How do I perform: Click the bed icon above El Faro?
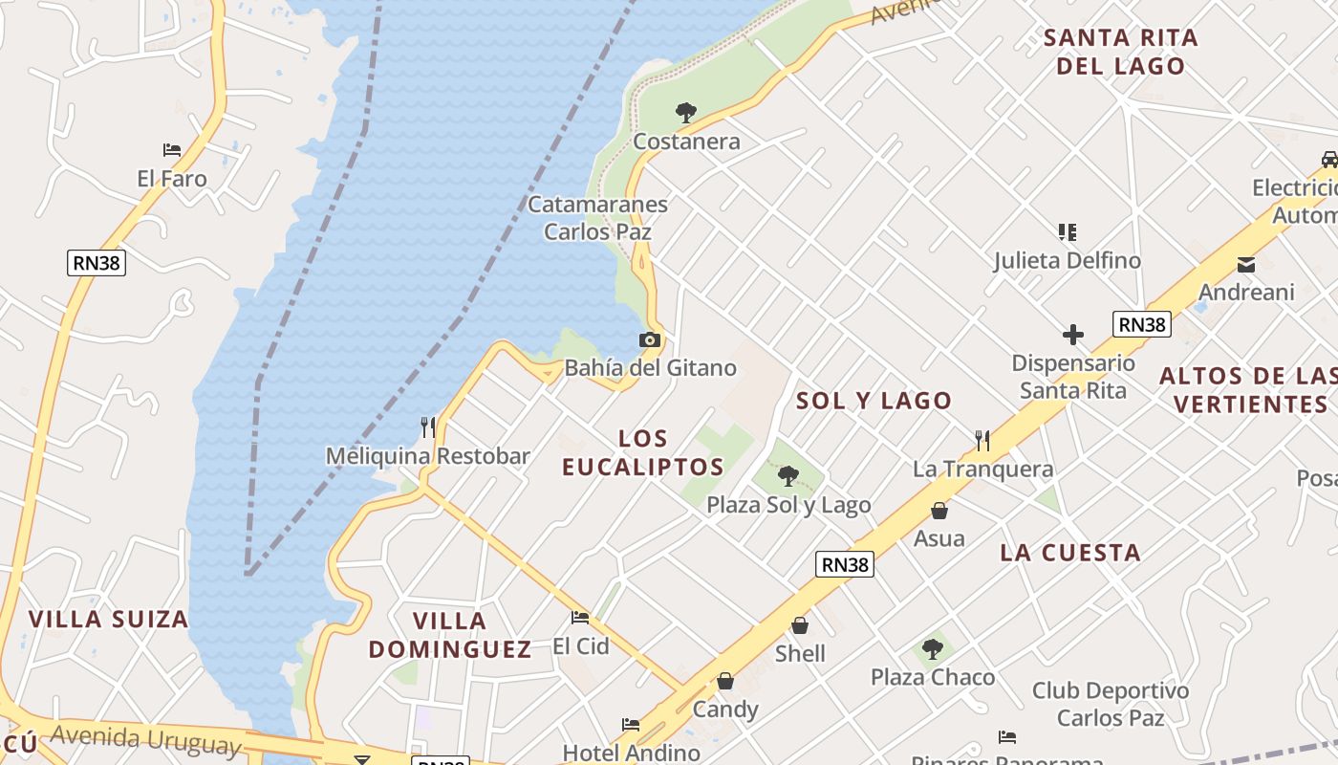click(172, 150)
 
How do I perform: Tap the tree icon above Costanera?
click(685, 113)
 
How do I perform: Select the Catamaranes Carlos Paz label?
click(598, 218)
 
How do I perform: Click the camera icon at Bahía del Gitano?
click(650, 339)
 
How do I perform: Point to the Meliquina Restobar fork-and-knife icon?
click(427, 427)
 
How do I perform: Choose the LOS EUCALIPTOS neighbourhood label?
click(642, 452)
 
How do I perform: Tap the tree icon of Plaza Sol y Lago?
click(788, 476)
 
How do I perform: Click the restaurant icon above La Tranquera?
click(982, 441)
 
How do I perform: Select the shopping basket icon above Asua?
click(939, 511)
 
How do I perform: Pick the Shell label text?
click(800, 654)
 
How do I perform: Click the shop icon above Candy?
click(725, 682)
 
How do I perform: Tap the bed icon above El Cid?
click(580, 618)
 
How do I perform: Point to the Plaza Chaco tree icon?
click(933, 650)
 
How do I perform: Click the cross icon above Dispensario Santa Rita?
click(1073, 335)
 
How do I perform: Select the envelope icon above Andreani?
click(1246, 265)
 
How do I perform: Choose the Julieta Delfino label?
click(1067, 261)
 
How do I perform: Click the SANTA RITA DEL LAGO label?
click(1120, 52)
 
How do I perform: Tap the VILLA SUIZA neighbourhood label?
click(108, 619)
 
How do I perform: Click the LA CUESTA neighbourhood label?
click(1070, 552)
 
